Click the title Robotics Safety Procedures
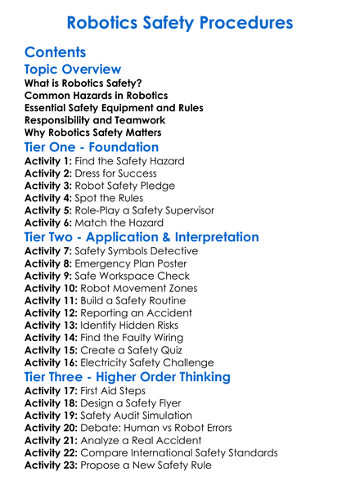pos(179,21)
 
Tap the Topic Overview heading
pos(73,70)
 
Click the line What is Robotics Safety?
pos(83,83)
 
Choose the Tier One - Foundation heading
pos(92,147)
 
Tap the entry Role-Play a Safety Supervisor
pos(145,210)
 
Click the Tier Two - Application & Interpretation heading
pos(142,237)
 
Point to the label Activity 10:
pos(52,288)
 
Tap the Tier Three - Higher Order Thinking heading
pos(128,377)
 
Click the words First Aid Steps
pos(114,391)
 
